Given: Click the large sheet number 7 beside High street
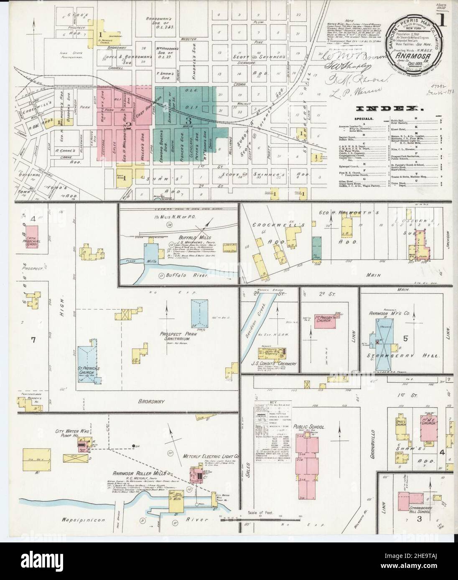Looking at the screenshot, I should [x=33, y=339].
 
